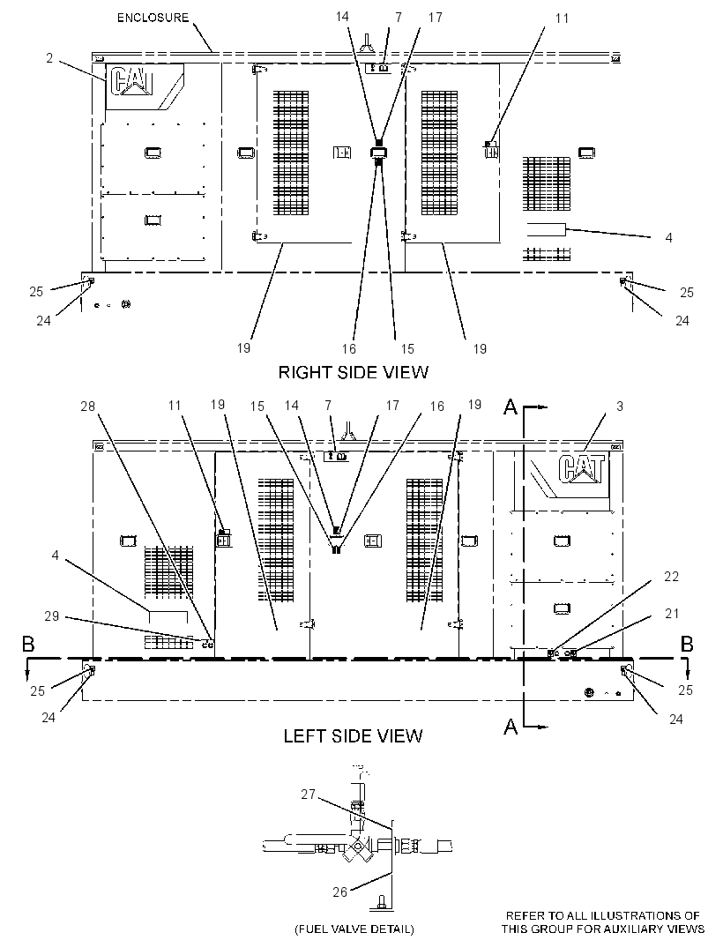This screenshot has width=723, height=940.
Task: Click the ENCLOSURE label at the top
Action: [153, 18]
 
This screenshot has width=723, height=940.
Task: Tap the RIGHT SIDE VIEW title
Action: [353, 372]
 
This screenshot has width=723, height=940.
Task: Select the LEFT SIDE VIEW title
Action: [353, 735]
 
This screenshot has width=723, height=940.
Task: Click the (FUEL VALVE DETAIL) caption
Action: [354, 929]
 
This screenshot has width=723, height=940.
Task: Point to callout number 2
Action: [49, 58]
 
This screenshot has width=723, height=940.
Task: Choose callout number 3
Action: [620, 407]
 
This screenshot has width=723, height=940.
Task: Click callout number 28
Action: [87, 407]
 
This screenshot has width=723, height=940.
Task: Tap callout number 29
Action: [51, 615]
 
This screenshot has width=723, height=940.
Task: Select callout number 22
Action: [672, 576]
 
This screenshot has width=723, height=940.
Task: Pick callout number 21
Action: [672, 613]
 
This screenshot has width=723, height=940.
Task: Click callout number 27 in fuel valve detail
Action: [308, 795]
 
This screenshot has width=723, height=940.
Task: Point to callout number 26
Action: [340, 892]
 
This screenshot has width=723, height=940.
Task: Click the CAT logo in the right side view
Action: [132, 81]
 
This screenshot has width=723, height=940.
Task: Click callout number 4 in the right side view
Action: [669, 238]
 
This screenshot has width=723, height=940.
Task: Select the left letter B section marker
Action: [28, 645]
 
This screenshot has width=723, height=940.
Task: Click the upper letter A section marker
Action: [511, 407]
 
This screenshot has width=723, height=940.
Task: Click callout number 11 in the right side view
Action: [562, 19]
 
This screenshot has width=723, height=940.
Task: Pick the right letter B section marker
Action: [688, 645]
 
